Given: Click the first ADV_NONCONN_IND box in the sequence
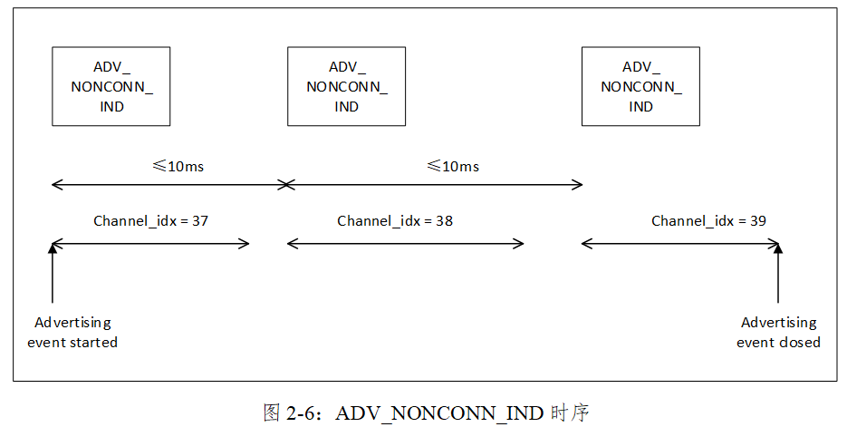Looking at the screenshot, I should click(x=111, y=86).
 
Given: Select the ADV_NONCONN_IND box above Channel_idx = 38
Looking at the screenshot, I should click(x=346, y=86).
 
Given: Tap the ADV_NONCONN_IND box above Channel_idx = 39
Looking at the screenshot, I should click(x=640, y=86).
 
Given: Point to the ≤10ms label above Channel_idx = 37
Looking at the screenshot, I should click(x=178, y=166).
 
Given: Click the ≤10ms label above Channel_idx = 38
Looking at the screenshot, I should click(x=453, y=166).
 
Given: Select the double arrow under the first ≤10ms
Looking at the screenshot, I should click(x=168, y=185).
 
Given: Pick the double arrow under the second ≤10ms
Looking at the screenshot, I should click(x=434, y=185).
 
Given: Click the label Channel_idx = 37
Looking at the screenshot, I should click(x=151, y=220).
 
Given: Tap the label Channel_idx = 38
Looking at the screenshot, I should click(x=395, y=220).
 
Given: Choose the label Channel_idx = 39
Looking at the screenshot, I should click(x=709, y=220).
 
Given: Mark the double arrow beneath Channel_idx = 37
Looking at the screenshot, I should click(x=150, y=243).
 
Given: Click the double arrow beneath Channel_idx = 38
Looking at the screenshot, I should click(x=405, y=243).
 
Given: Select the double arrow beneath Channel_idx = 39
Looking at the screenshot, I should click(x=679, y=243).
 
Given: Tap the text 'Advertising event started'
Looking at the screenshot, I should click(x=72, y=333).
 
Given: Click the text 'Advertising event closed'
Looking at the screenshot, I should click(x=778, y=333).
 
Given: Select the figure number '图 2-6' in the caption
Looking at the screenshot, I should click(x=294, y=413).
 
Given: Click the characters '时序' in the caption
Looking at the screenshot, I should click(x=570, y=413).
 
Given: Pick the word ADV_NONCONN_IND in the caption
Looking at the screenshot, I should click(x=439, y=413).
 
